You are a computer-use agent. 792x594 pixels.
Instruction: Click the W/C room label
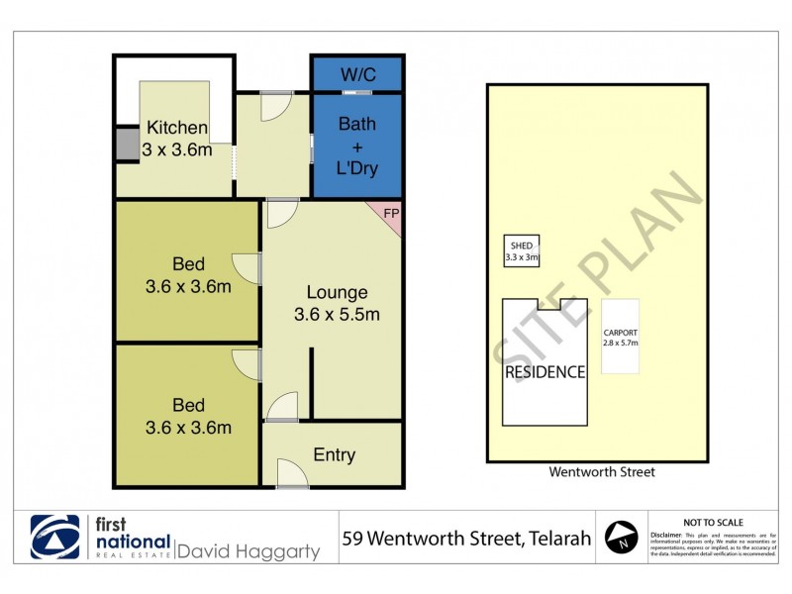(357, 73)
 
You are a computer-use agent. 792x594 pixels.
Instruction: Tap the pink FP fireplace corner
(391, 215)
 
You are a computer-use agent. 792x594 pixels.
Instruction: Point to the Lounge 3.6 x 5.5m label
(337, 304)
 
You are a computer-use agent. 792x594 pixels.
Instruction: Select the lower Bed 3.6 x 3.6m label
(188, 416)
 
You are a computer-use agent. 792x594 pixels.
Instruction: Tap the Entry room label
(334, 454)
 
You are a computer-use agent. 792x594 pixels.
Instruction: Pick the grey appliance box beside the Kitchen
(127, 144)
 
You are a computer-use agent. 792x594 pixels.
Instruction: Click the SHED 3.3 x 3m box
(523, 251)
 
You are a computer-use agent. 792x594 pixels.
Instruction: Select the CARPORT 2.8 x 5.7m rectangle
(621, 337)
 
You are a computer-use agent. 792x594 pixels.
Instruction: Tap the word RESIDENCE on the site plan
(545, 372)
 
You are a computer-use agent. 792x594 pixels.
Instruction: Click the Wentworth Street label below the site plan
(602, 472)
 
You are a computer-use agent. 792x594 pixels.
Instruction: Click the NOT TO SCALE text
(713, 522)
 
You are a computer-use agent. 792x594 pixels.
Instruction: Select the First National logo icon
(55, 537)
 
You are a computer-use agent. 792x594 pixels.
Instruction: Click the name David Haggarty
(248, 550)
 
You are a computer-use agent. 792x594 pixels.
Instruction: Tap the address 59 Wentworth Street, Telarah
(466, 540)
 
